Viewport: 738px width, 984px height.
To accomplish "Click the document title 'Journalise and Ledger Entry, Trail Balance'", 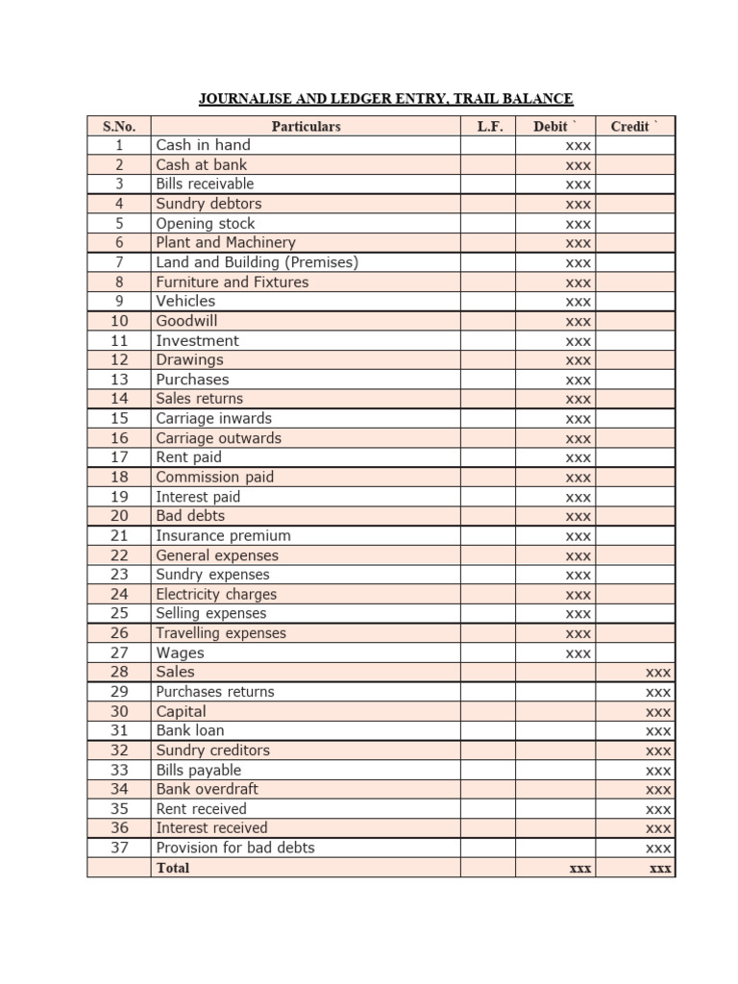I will click(385, 98).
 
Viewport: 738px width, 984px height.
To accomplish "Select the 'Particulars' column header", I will click(306, 126).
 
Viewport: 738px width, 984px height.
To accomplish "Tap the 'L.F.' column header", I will click(489, 126).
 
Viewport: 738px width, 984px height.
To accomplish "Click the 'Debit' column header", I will click(555, 126).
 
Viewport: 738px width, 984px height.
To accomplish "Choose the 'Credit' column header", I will click(635, 126).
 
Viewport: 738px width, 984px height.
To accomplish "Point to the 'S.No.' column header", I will click(119, 126).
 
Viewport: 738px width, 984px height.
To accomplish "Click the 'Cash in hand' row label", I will click(203, 145).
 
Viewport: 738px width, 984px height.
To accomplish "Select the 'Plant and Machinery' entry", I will click(226, 243).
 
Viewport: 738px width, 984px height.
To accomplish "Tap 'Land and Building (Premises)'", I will click(257, 262).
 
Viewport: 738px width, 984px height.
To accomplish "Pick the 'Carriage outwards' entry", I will click(219, 438).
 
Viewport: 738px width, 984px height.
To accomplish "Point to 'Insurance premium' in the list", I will click(223, 536).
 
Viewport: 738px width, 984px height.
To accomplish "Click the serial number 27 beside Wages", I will click(119, 653).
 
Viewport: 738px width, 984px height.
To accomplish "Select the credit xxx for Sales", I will click(658, 673).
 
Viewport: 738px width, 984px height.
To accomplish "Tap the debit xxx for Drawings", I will click(578, 360).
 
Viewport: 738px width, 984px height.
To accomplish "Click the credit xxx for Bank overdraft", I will click(658, 790).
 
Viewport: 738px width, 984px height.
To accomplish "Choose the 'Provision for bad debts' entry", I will click(235, 848).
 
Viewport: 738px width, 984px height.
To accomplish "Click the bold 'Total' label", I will click(173, 868).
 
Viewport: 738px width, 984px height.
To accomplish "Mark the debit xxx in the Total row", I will click(579, 868).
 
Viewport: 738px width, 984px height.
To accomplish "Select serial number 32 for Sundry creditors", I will click(119, 750).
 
